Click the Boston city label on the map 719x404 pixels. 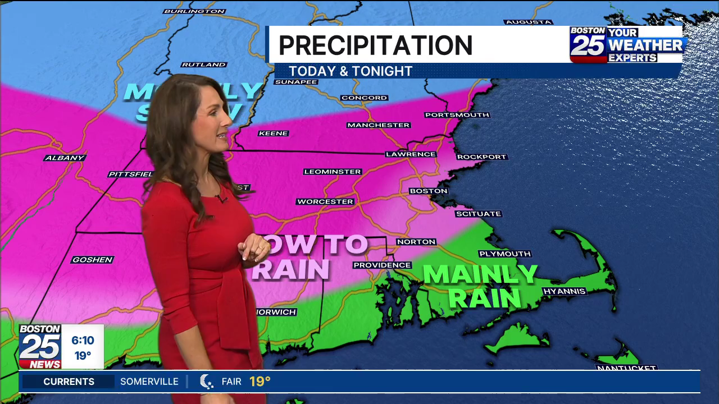428,191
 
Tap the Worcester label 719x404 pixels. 325,201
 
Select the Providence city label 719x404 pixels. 382,265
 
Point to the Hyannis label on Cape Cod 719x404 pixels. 565,291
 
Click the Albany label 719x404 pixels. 65,158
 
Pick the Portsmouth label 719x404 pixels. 457,115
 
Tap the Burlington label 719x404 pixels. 194,11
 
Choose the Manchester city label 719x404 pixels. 378,125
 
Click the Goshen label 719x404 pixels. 93,260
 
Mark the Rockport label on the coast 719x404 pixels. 481,157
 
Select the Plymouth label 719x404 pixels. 505,254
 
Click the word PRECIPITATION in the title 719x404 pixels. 375,45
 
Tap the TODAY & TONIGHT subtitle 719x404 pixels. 351,71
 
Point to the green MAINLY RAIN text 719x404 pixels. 481,286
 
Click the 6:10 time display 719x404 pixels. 83,341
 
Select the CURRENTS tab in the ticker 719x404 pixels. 69,382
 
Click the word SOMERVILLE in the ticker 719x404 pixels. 149,382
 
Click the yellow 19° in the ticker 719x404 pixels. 260,382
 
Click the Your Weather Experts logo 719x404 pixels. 628,44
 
